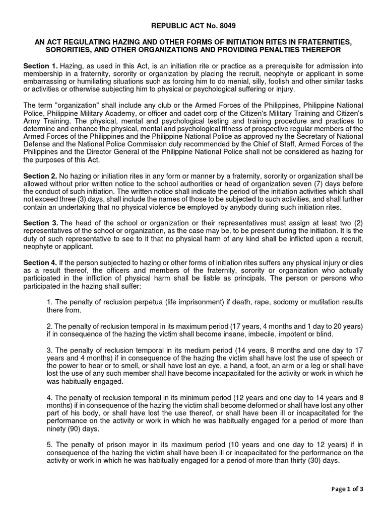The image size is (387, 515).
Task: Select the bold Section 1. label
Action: coord(41,66)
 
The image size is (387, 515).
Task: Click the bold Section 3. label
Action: coord(41,222)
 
